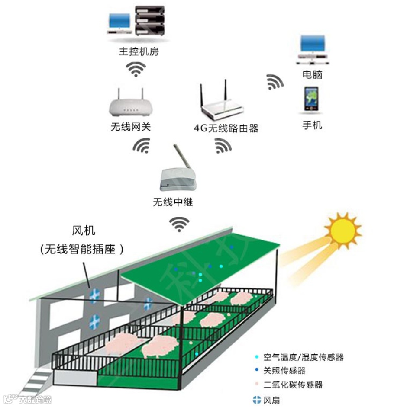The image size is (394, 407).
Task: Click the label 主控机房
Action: [x=139, y=52]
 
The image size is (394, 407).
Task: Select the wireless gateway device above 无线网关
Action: [x=130, y=105]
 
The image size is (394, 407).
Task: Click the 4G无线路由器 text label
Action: [x=226, y=128]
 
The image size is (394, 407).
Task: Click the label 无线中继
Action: [x=173, y=202]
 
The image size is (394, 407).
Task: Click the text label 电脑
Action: [x=312, y=74]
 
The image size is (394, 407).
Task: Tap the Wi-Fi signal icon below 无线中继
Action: [x=179, y=224]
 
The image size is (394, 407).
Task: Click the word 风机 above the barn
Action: [x=83, y=232]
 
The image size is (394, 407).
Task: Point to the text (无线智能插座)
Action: [x=82, y=250]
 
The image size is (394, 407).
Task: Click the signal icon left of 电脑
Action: [x=275, y=81]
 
